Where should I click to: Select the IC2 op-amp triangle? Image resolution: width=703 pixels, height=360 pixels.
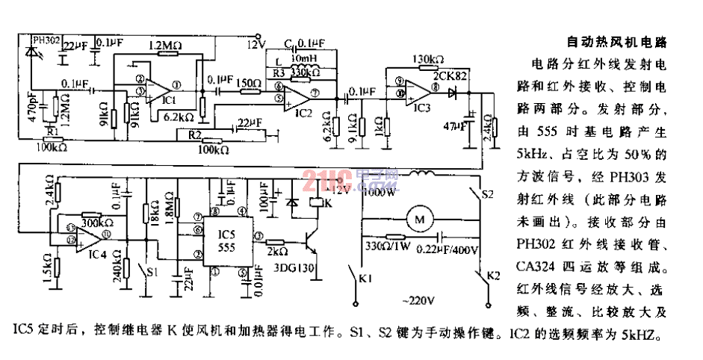(x=298, y=95)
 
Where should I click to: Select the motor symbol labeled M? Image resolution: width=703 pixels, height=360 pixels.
(x=419, y=220)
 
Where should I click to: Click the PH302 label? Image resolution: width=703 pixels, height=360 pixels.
(x=46, y=39)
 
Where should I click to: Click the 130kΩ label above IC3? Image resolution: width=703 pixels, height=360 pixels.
(x=429, y=59)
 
